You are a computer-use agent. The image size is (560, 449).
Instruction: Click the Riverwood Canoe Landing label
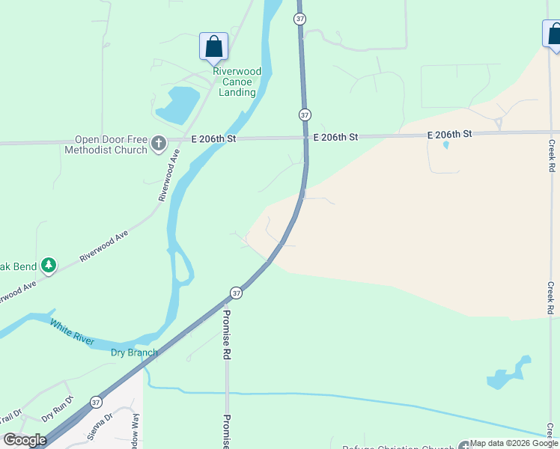pos(237,82)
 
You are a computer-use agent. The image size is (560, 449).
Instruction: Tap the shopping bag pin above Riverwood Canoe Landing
pos(213,46)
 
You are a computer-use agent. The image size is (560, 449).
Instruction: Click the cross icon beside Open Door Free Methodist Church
pos(158,143)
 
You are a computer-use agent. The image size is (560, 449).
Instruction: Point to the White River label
pos(72,332)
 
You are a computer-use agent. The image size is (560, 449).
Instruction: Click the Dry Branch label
pos(134,352)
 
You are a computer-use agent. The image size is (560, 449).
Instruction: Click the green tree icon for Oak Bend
pos(49,266)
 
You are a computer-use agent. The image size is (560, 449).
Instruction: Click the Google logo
pos(25,440)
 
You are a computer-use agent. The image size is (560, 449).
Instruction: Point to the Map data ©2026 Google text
pos(514,444)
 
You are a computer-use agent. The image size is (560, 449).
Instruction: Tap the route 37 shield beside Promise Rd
pos(236,293)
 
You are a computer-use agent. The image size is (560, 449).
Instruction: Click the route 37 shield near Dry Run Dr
pos(96,402)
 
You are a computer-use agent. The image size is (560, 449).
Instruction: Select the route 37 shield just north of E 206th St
pos(304,115)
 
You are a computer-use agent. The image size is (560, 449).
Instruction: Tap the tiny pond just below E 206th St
pos(446,145)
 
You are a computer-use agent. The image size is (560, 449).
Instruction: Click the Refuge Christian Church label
pos(400,447)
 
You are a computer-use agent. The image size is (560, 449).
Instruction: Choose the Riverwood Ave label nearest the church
pos(170,178)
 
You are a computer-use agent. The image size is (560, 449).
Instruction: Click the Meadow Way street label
pos(136,430)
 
